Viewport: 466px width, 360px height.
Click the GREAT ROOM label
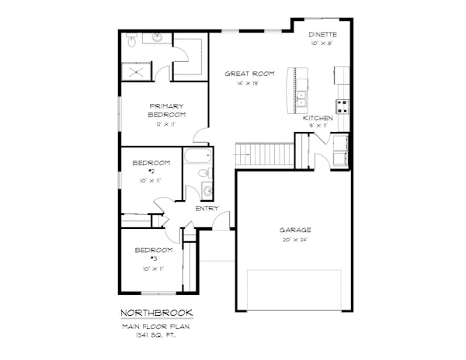click(249, 74)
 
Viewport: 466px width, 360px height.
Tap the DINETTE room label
click(322, 34)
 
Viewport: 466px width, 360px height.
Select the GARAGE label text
click(295, 230)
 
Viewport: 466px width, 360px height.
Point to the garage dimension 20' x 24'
click(295, 240)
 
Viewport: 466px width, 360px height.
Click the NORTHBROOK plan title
click(157, 313)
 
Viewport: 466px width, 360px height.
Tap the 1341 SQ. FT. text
click(156, 335)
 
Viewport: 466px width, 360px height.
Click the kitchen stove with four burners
click(342, 106)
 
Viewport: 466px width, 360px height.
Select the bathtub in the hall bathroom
click(197, 156)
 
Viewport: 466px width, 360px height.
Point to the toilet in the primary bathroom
click(131, 40)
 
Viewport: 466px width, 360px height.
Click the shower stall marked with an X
click(137, 71)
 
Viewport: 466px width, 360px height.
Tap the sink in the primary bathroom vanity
click(157, 37)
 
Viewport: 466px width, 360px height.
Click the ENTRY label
click(207, 209)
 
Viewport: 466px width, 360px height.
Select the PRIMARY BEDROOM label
click(167, 110)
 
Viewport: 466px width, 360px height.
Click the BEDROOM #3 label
click(154, 254)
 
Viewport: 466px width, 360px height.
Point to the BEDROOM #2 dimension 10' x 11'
click(151, 181)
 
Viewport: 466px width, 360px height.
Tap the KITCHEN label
click(318, 118)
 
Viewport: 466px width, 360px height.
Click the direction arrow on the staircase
click(242, 154)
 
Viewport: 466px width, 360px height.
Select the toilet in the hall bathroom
click(205, 173)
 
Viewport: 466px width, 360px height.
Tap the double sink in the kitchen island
click(301, 99)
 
